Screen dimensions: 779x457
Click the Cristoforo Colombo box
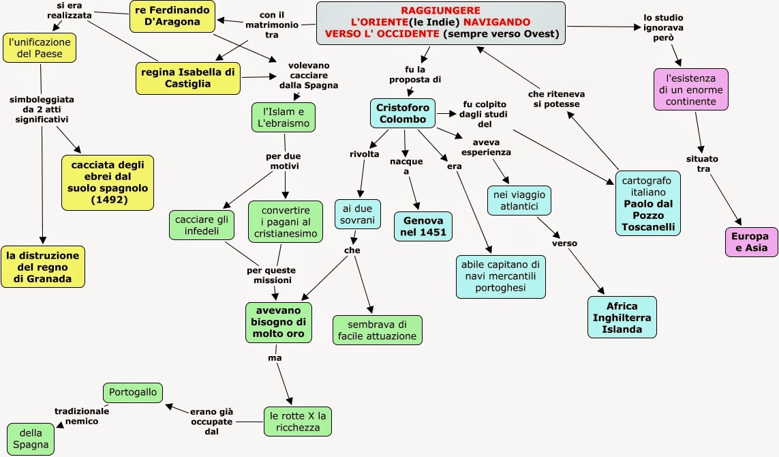pos(402,113)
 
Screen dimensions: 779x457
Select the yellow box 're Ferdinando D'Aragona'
pos(172,16)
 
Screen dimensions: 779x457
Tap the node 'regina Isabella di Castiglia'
pos(188,78)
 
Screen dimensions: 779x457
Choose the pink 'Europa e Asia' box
pos(751,242)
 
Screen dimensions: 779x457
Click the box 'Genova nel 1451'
pos(423,226)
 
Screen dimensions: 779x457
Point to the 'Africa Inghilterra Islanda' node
pos(622,317)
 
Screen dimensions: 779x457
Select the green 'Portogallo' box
pos(133,392)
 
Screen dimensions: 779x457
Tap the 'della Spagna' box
pos(31,439)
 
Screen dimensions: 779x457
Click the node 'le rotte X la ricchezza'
pos(298,422)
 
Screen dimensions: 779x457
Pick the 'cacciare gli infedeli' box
pos(202,225)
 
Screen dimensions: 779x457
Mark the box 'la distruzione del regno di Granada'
pos(43,267)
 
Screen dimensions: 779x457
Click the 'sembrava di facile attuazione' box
pos(377,330)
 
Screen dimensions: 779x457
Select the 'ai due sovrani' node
pos(357,214)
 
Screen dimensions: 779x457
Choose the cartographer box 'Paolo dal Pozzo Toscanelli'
pos(648,203)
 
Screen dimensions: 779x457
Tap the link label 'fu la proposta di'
pos(415,74)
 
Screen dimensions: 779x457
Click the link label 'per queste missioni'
pos(271,275)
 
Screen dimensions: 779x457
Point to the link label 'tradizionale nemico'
pos(82,416)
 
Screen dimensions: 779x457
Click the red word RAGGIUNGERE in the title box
pos(441,10)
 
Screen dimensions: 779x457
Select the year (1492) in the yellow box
pos(109,200)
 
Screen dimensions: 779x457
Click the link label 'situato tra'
pos(702,164)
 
